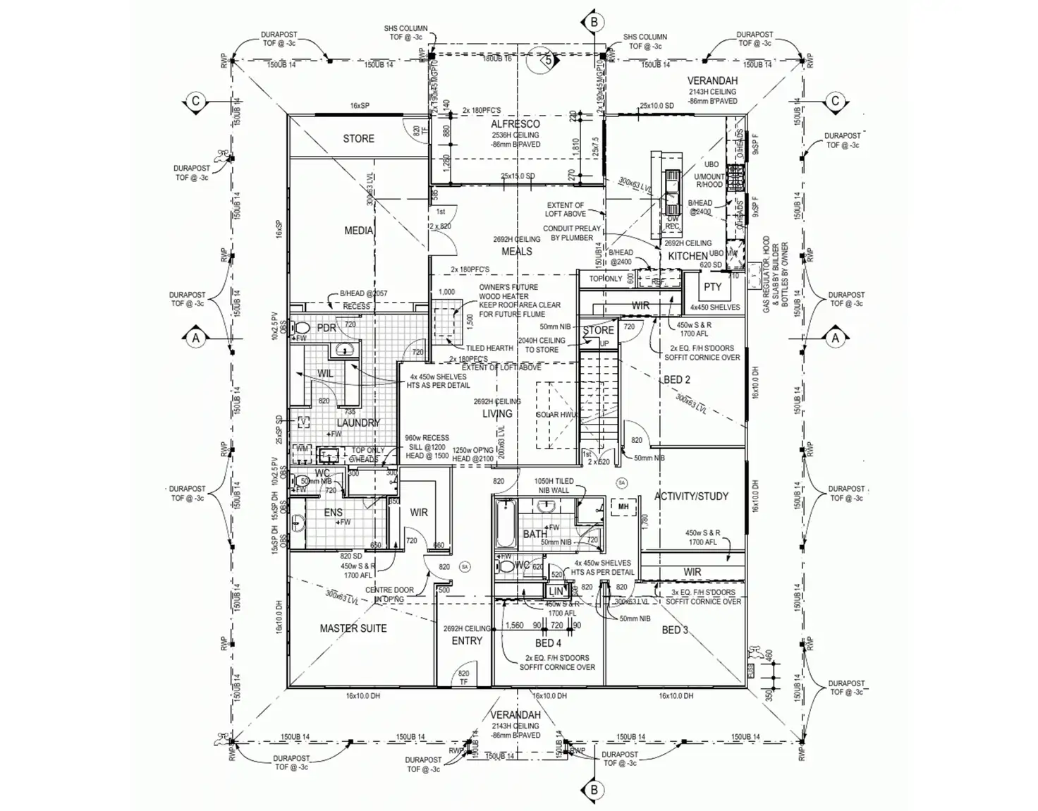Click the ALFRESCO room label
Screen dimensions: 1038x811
515,124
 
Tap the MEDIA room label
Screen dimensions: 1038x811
358,231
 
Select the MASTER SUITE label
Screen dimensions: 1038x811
353,628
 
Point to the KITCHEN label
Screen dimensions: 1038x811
688,256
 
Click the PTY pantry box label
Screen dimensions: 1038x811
712,287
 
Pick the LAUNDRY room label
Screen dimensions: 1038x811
358,422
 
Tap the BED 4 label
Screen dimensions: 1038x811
548,643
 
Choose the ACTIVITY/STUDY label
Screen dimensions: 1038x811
691,496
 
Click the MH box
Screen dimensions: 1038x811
623,507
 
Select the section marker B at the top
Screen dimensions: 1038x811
594,23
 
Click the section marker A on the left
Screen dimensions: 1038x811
196,339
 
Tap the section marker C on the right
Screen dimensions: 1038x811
836,101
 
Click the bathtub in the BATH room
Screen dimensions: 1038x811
504,525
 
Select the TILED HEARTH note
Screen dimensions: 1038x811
489,348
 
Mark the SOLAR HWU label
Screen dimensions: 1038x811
557,415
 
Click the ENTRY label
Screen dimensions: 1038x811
467,641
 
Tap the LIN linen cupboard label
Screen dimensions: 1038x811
556,592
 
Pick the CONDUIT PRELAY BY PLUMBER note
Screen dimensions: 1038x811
572,233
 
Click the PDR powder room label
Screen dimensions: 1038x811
326,328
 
